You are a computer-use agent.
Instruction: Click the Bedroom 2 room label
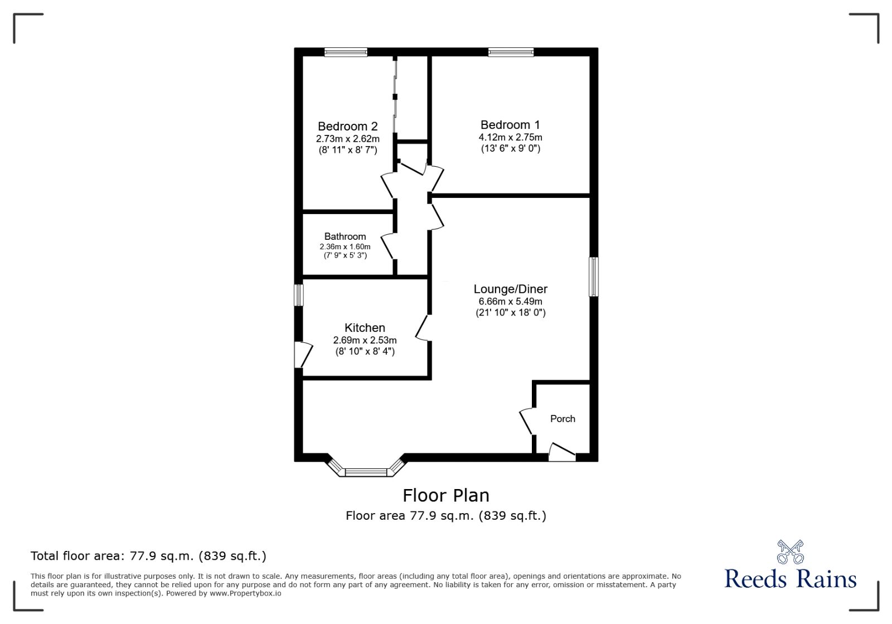tap(347, 127)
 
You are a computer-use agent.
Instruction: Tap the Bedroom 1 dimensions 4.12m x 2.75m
tap(510, 137)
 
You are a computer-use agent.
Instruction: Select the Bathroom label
tap(345, 236)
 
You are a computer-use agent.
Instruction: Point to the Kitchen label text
tap(365, 328)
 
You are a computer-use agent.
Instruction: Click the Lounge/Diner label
tap(510, 289)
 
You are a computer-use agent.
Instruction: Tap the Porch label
tap(563, 419)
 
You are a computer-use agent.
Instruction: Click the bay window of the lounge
tap(366, 471)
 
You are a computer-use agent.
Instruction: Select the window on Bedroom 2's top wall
tap(346, 52)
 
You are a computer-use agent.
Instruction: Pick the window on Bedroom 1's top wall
tap(511, 52)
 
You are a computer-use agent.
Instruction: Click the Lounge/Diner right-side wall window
tap(594, 277)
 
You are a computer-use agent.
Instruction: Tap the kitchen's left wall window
tap(299, 295)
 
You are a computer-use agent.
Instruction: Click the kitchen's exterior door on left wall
tap(303, 354)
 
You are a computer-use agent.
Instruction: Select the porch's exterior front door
tap(562, 452)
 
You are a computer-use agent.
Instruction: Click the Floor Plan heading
tap(446, 495)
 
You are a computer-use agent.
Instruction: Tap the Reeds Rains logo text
tap(790, 579)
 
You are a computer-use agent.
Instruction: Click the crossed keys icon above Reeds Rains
tap(790, 552)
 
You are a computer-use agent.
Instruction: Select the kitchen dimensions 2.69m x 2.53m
tap(365, 340)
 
